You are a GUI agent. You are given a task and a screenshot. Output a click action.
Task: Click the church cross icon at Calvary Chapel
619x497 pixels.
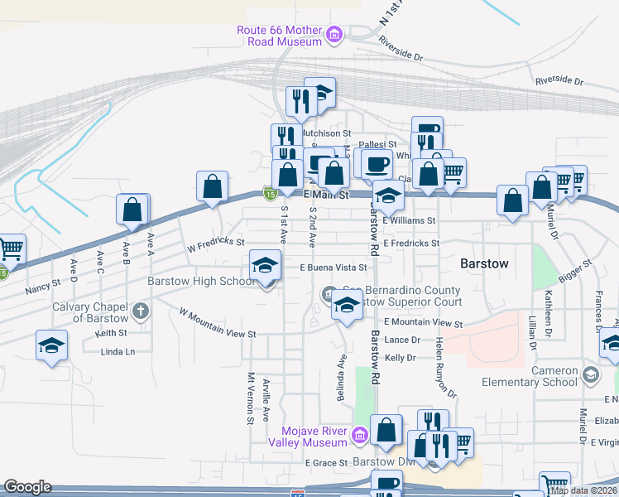[x=141, y=311]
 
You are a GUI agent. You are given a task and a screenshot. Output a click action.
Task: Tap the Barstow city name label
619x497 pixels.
[x=483, y=263]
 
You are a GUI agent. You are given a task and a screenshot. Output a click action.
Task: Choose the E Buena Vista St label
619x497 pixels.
[x=333, y=268]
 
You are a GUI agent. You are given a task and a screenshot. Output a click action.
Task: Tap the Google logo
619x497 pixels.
[x=27, y=487]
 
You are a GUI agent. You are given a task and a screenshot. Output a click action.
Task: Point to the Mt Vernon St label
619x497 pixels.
[x=249, y=398]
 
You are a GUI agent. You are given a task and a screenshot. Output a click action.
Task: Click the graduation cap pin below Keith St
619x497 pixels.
[x=51, y=346]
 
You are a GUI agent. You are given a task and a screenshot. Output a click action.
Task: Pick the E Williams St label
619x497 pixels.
[x=409, y=221]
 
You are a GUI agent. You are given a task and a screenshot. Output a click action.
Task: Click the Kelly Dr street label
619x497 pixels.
[x=399, y=358]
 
